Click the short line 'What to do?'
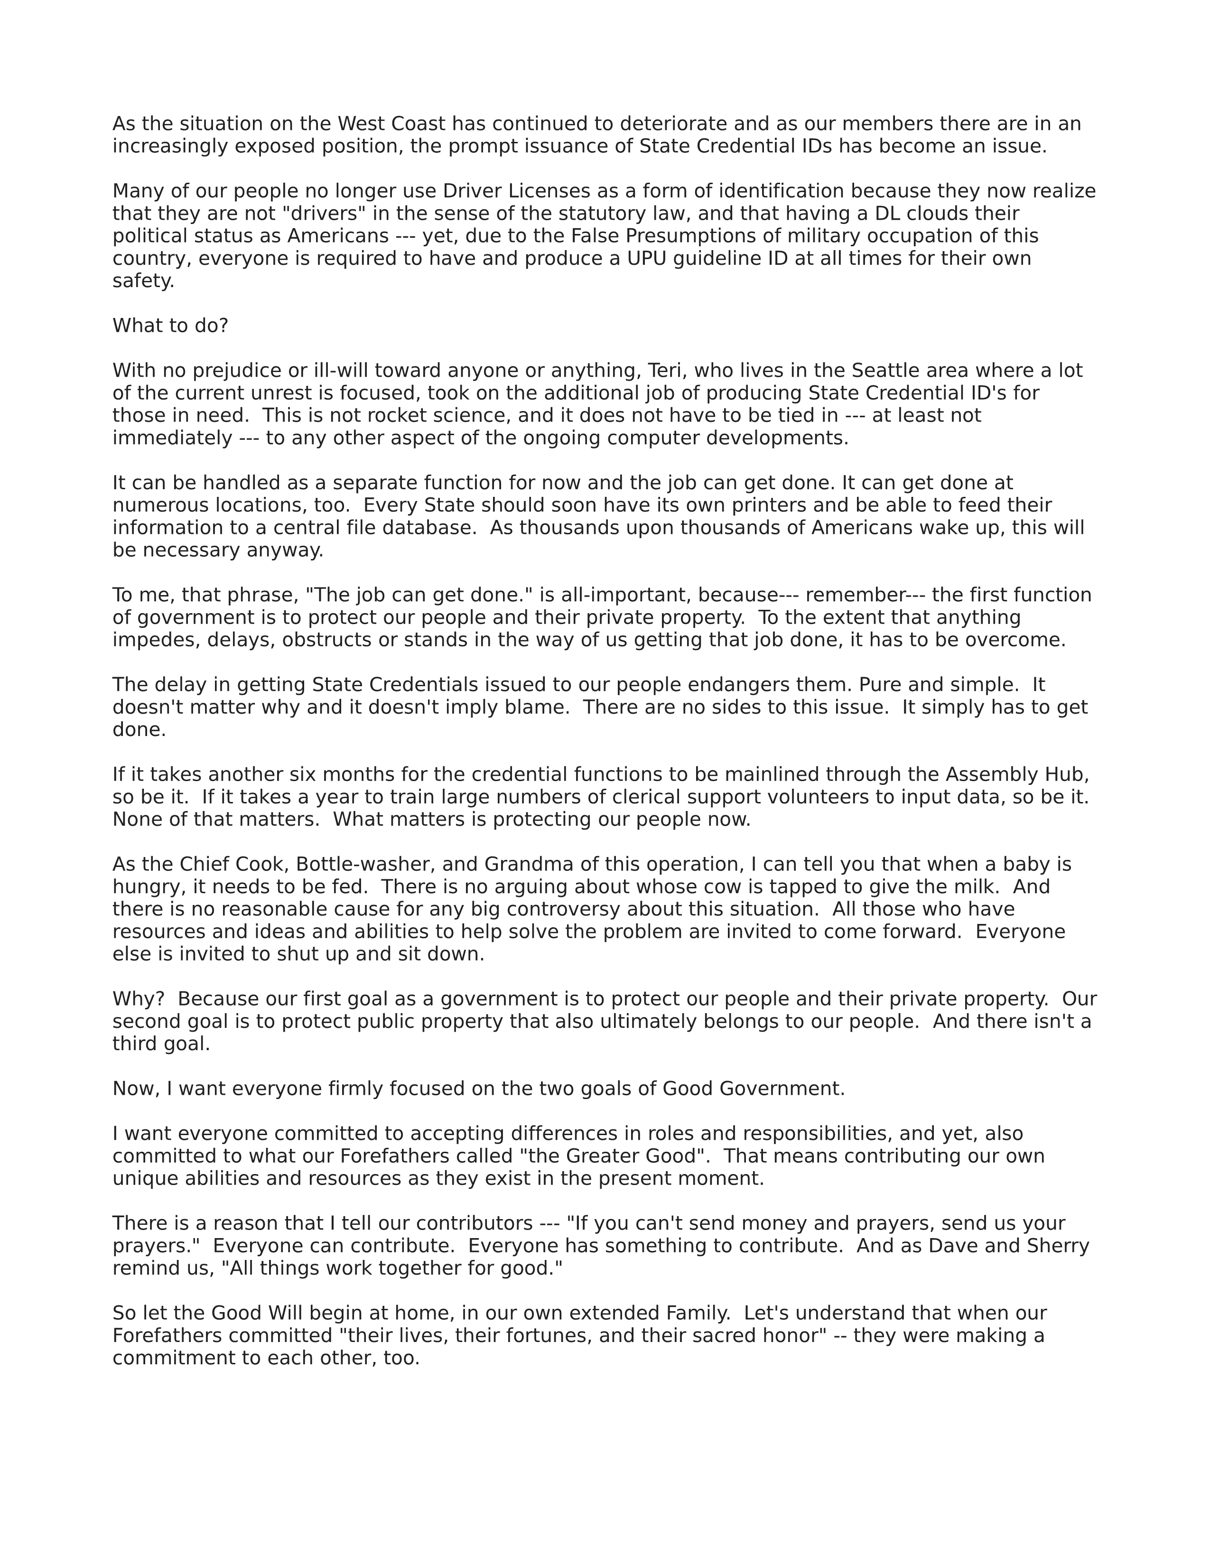click(170, 326)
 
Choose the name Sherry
click(1057, 1246)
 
